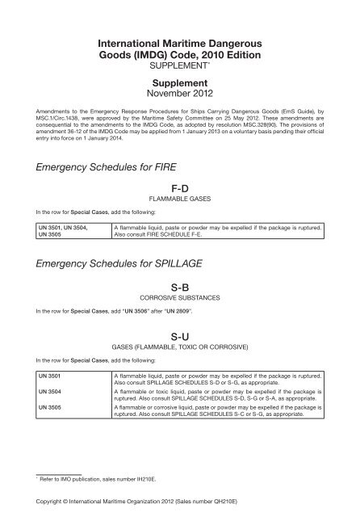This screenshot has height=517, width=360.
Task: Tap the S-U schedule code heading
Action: point(181,338)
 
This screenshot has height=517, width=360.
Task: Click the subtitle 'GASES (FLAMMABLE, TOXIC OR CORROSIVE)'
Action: point(181,351)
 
